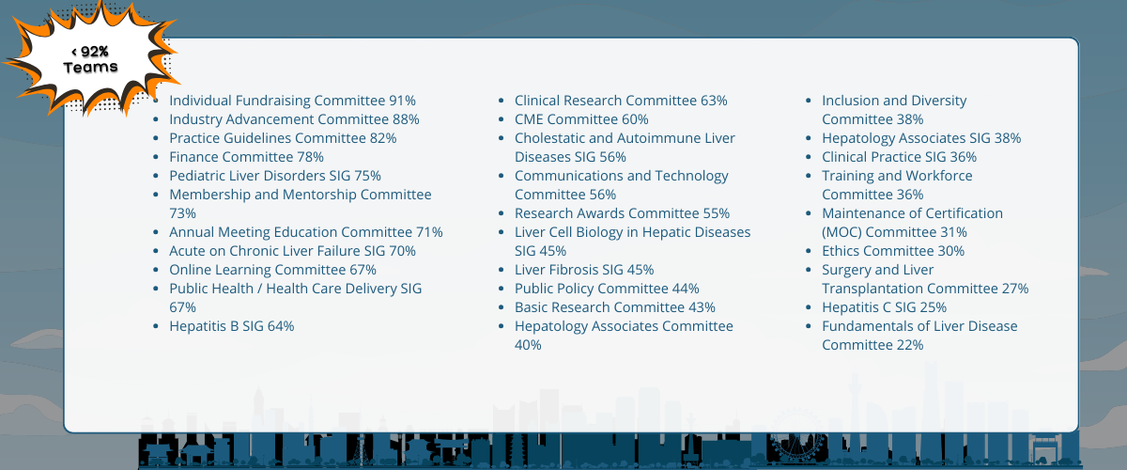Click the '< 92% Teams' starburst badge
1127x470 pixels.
point(90,59)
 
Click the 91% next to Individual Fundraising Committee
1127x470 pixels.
point(403,101)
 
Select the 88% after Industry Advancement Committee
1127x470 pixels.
point(406,119)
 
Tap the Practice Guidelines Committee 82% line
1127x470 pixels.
point(283,138)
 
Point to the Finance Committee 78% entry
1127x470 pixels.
point(246,157)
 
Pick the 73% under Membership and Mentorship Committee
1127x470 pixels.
point(182,213)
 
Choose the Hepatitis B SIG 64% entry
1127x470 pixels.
point(231,326)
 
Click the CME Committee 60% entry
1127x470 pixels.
point(581,119)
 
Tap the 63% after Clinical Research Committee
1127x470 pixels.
point(714,101)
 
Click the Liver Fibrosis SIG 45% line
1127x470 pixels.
point(584,270)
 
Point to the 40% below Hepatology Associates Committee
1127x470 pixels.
point(528,345)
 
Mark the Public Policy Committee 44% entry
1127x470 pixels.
point(607,289)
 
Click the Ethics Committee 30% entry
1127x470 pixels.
point(893,251)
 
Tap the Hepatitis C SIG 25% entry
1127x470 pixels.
point(884,307)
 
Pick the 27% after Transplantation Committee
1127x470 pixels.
point(1015,289)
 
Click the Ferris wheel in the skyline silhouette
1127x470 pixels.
point(797,438)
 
